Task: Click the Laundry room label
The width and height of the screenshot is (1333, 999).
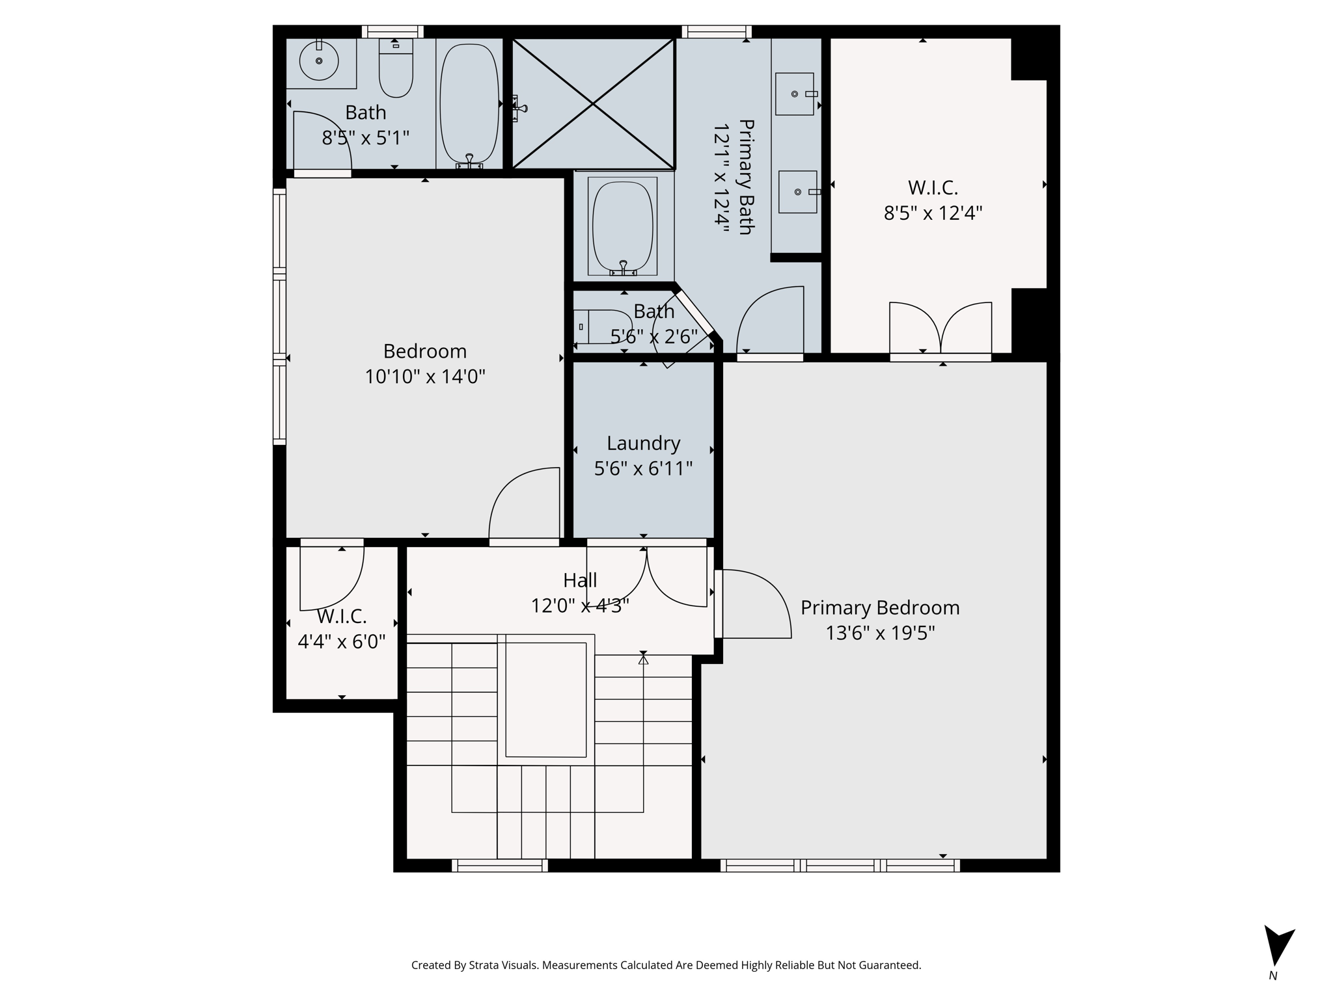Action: coord(643,443)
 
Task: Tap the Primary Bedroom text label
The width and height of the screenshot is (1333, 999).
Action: coord(880,607)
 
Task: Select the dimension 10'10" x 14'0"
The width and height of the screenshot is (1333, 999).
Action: coord(425,377)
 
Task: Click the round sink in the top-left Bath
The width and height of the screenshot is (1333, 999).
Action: coord(319,61)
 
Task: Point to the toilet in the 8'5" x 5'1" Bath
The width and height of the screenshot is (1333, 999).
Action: coord(396,68)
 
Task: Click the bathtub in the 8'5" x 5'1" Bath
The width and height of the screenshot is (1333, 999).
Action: coord(469,103)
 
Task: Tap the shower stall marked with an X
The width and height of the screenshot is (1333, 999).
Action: coord(593,103)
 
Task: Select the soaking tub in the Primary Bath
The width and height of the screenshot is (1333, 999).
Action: coord(622,226)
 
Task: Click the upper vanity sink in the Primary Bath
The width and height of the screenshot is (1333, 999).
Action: coord(795,94)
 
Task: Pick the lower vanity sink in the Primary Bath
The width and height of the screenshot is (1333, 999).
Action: coord(797,192)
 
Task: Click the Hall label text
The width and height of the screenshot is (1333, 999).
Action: coord(580,580)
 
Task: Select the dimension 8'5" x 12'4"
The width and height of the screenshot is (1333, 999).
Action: coord(933,213)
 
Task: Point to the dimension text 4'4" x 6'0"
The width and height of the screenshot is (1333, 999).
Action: coord(342,642)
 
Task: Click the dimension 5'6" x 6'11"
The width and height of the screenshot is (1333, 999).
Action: coord(643,468)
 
